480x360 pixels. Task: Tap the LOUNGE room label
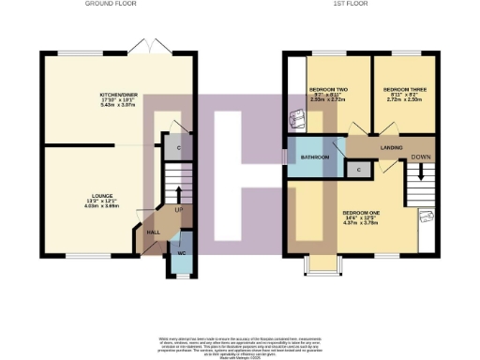pyautogui.click(x=90, y=197)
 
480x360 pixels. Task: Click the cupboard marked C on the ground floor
pyautogui.click(x=178, y=146)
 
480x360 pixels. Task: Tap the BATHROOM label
pyautogui.click(x=314, y=157)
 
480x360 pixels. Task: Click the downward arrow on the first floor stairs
pyautogui.click(x=421, y=172)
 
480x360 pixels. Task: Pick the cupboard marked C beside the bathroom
pyautogui.click(x=359, y=169)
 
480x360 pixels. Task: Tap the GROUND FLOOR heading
pyautogui.click(x=112, y=4)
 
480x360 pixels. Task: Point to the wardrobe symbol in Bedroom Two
pyautogui.click(x=298, y=119)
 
